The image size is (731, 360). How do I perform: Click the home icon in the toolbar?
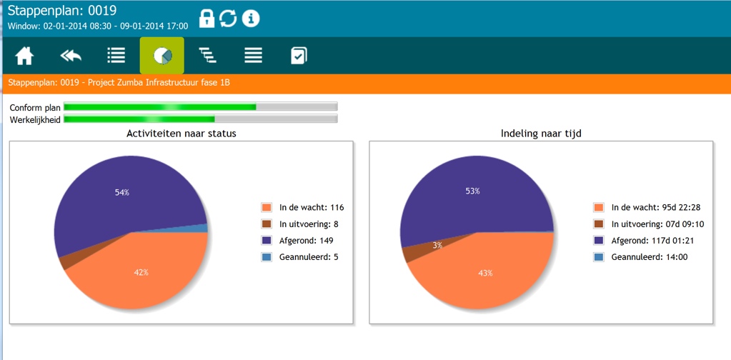tap(24, 56)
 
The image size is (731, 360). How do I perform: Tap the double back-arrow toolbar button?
tap(71, 56)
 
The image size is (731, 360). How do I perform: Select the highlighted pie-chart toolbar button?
tap(162, 56)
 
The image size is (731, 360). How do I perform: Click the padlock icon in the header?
tap(207, 19)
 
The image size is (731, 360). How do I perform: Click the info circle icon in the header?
tap(251, 19)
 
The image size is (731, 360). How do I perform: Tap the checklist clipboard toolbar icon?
tap(299, 56)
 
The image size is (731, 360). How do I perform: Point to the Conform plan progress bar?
tap(200, 107)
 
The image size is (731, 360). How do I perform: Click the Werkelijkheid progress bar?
tap(200, 119)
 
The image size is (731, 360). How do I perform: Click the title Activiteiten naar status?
tap(181, 133)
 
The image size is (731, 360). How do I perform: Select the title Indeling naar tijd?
tap(541, 133)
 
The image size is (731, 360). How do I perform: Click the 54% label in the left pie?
tap(121, 192)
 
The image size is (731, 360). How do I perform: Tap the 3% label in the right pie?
tap(437, 245)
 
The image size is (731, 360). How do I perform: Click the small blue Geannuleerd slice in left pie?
tap(203, 228)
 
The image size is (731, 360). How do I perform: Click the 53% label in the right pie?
tap(472, 191)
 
